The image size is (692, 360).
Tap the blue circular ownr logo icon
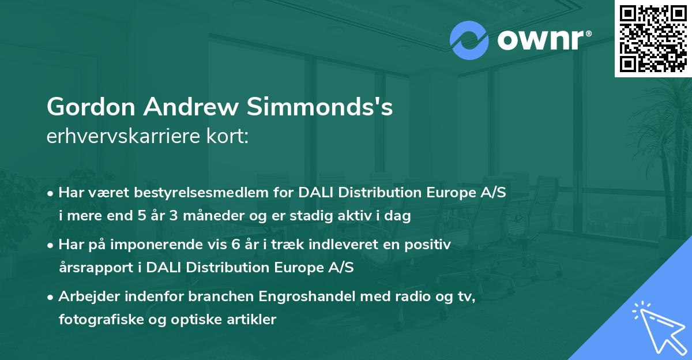click(468, 40)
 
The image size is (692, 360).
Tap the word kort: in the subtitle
click(228, 137)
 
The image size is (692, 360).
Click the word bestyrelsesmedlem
click(195, 193)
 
